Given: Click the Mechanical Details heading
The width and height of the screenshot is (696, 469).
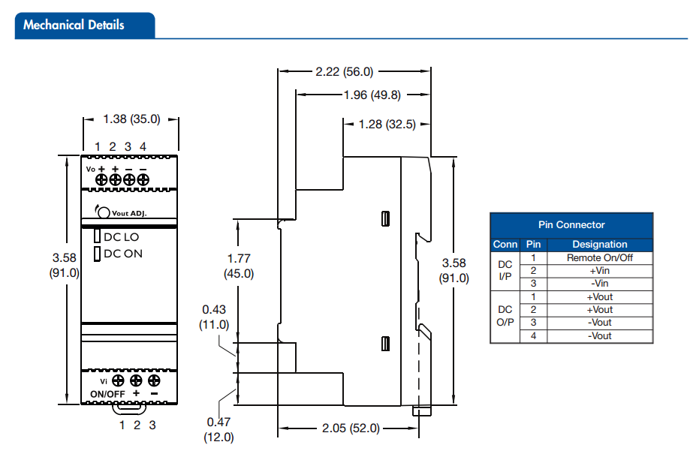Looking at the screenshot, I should tap(74, 25).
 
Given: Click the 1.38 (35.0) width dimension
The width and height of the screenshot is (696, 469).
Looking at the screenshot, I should tap(131, 119).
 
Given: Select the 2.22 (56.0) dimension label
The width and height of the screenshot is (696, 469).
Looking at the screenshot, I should tap(344, 72).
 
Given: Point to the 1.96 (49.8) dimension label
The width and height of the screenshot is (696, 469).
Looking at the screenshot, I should tap(372, 95).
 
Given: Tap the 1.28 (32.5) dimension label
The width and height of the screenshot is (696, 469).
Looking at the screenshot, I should tap(387, 125).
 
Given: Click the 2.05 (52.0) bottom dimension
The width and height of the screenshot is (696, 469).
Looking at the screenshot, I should tap(351, 428).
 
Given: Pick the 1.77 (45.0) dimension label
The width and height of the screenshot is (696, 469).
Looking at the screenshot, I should tap(239, 266).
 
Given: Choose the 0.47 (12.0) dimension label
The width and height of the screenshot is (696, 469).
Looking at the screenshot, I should tap(218, 429).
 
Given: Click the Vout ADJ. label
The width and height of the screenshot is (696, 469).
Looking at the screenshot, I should tap(128, 213).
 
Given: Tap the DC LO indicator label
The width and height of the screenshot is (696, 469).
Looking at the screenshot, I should tap(121, 236).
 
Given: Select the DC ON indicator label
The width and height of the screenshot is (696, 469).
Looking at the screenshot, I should tap(122, 254).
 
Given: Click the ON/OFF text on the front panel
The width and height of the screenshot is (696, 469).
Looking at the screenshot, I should tap(107, 394).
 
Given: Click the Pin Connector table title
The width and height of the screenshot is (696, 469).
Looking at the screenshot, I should tap(571, 224).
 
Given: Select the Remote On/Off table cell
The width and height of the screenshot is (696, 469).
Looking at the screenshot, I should tap(600, 257).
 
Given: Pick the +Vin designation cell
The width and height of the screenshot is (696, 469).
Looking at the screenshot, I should tap(599, 270).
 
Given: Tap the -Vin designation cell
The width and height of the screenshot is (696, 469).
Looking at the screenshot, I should tap(599, 284).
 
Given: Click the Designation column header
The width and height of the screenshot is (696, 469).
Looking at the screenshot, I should tap(599, 244).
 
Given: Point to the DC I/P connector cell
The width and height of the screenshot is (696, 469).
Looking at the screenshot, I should tap(505, 270).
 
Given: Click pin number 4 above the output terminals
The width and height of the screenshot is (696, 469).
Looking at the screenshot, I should tap(143, 146).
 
